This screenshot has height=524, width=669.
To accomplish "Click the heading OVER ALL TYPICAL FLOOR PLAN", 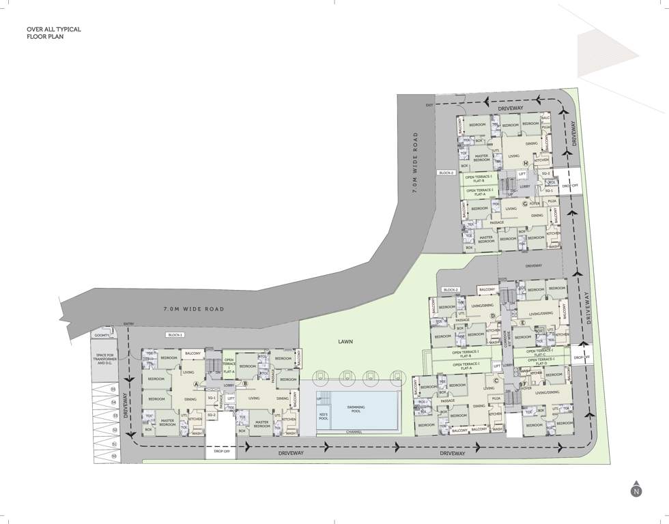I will coord(54,33).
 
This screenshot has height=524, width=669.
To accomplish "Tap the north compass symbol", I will coord(636,490).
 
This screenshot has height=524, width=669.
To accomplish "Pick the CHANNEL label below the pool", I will coord(354,432).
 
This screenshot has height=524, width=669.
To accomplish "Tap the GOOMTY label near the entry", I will coord(102,335).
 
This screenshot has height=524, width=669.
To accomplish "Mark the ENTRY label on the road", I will coord(129,323).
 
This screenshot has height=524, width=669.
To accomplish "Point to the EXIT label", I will coord(429,105).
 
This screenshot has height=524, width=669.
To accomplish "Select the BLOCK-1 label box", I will coord(176,335).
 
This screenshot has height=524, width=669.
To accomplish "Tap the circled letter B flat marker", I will coord(244,383).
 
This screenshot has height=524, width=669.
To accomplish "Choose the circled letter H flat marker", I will coord(525,164).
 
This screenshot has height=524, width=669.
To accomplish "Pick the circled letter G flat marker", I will coord(525,203).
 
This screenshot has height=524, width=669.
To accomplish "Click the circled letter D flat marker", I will coord(492,315).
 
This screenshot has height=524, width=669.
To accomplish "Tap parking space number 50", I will coord(113,455).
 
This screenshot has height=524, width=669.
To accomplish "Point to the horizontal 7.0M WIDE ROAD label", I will coord(195,309).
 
